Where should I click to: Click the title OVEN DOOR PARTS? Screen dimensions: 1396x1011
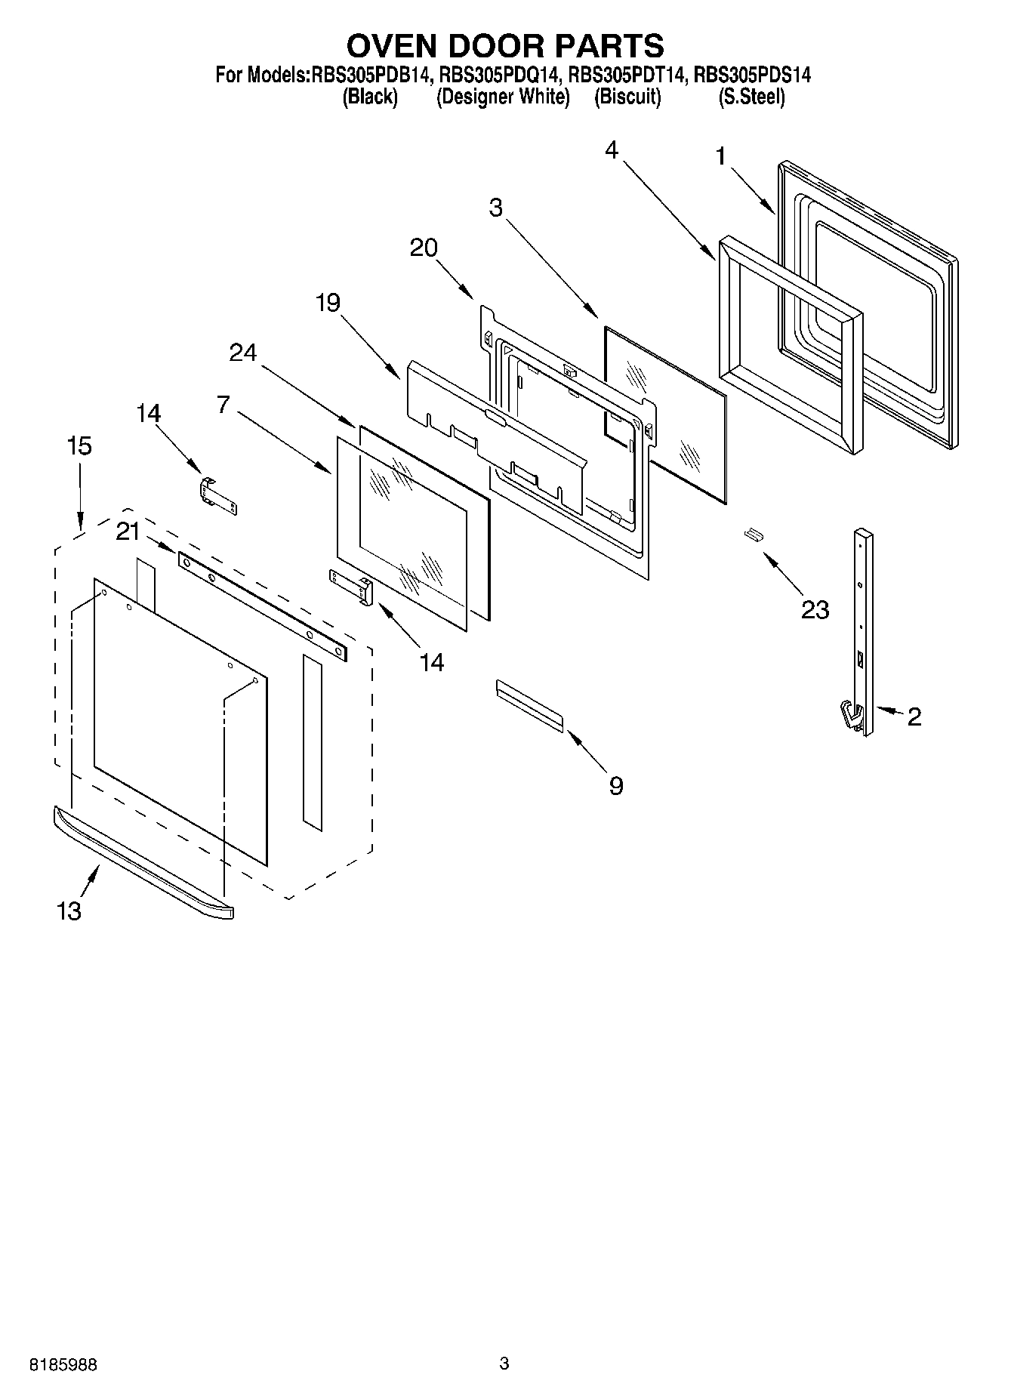click(x=504, y=46)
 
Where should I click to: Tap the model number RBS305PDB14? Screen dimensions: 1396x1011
click(x=370, y=75)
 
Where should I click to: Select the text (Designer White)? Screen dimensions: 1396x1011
click(x=503, y=97)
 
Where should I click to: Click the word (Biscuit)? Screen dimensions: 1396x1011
click(x=627, y=97)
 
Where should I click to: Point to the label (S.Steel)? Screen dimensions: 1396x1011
click(x=751, y=97)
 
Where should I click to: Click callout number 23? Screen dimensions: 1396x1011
click(x=815, y=609)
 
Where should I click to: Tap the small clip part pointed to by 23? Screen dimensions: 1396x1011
click(x=754, y=535)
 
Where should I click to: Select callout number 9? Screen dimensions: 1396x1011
click(x=616, y=786)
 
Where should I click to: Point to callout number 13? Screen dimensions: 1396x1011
click(x=69, y=911)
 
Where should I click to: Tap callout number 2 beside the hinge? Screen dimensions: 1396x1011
click(x=914, y=716)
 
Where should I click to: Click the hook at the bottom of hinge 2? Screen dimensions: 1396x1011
click(x=852, y=714)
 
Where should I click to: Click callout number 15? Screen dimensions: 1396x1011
click(x=79, y=446)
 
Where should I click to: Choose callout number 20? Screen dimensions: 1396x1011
click(x=424, y=248)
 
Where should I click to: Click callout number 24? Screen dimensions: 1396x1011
click(x=243, y=352)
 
